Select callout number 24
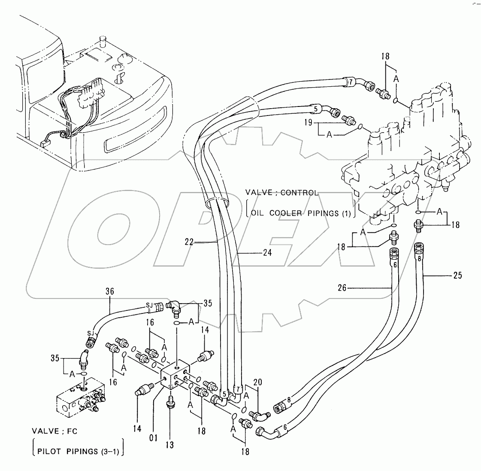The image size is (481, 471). (267, 253)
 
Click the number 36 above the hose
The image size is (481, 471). (110, 291)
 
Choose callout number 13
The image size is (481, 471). (170, 445)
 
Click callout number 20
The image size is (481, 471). (257, 382)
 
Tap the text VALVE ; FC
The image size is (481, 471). (54, 431)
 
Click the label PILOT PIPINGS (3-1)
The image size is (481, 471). (77, 451)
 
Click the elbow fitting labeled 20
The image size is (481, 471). (259, 415)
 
